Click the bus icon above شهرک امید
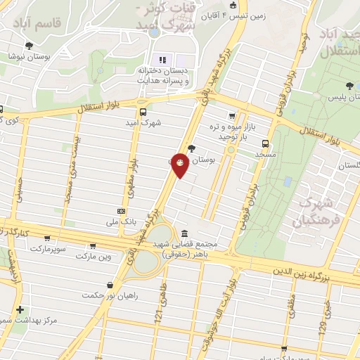click(x=143, y=112)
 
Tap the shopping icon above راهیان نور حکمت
click(x=110, y=285)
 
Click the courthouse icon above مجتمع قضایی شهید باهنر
click(x=184, y=233)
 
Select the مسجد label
click(x=265, y=154)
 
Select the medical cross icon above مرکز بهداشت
click(x=20, y=309)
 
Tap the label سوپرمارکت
click(x=47, y=249)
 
